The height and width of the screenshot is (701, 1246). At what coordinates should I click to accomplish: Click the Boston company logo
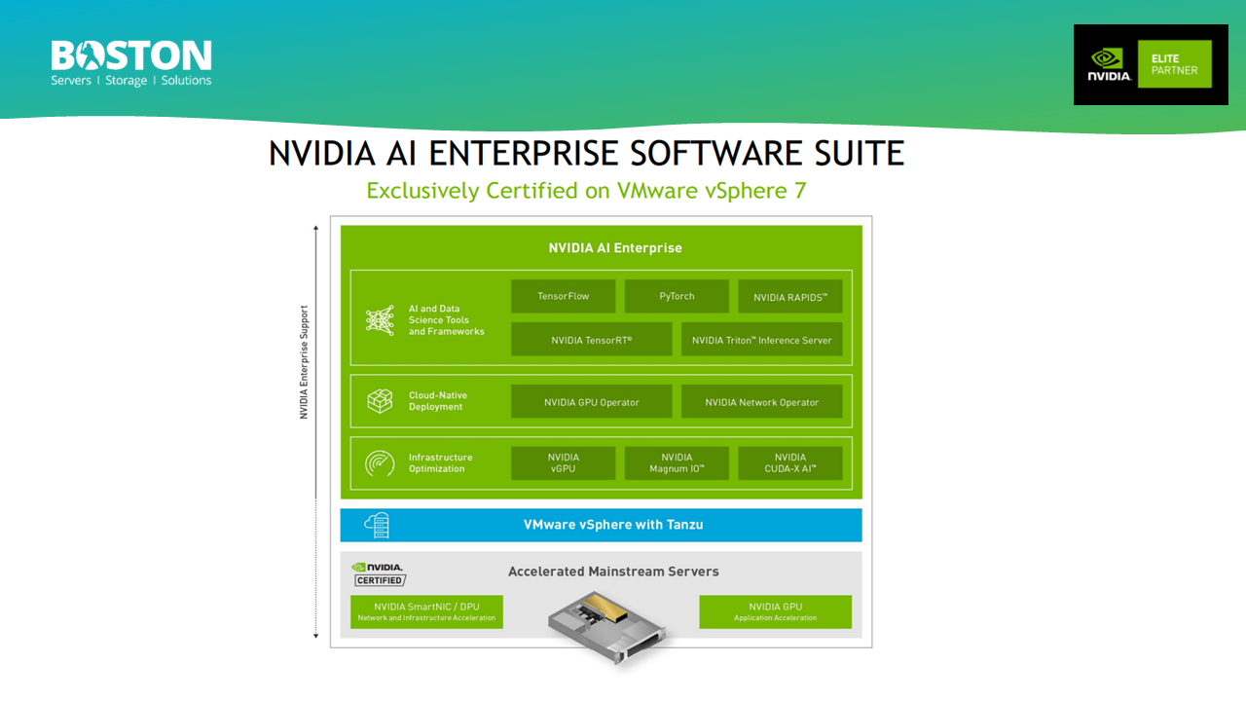click(130, 63)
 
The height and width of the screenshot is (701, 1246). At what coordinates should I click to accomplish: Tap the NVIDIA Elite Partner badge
click(1150, 64)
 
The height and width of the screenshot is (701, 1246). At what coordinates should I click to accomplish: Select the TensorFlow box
click(563, 296)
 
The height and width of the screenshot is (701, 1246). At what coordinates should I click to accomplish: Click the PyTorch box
click(677, 296)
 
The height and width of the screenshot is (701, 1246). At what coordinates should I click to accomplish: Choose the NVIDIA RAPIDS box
click(789, 297)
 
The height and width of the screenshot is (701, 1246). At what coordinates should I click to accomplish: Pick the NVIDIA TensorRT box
click(591, 340)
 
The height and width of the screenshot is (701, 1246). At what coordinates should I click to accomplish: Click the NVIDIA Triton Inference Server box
click(761, 340)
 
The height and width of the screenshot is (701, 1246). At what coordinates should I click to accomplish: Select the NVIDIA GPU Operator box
click(591, 401)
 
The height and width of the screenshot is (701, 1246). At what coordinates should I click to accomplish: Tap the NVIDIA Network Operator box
click(761, 401)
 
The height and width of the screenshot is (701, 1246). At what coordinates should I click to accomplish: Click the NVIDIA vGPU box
click(563, 462)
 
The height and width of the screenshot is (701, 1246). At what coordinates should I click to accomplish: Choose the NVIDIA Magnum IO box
click(677, 462)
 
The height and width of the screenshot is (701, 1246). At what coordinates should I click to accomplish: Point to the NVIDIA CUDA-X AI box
click(789, 462)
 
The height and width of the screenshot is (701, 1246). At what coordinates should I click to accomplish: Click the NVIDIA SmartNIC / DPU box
click(426, 611)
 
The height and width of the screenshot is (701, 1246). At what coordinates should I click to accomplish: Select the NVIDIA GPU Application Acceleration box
click(775, 611)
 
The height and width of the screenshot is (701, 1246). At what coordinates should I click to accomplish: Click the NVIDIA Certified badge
click(378, 573)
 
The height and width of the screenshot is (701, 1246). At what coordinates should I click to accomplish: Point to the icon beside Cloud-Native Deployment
click(379, 400)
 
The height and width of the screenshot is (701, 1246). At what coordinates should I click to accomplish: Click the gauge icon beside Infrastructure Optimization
click(379, 462)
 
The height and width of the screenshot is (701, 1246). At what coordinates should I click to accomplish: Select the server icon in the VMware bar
click(377, 525)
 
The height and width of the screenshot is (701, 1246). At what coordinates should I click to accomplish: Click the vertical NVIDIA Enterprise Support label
click(304, 363)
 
